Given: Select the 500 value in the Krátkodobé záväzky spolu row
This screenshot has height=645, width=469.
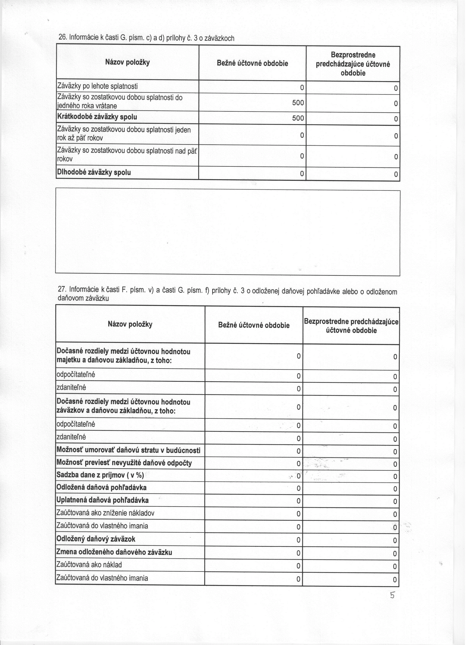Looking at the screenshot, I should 298,118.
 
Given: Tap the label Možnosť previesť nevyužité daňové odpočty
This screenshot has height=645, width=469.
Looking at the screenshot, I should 124,463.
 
